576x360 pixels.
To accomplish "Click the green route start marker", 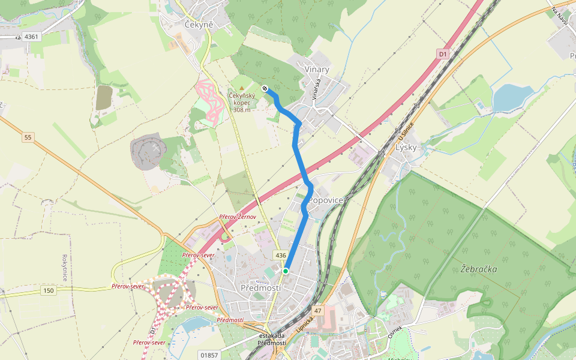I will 286,271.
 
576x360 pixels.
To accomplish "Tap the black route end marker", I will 265,89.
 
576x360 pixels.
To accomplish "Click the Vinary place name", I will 317,70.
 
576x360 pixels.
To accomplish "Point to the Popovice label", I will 326,200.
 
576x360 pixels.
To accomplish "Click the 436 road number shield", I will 280,256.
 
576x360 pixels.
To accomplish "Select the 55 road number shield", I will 28,138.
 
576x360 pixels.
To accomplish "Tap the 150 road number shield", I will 49,291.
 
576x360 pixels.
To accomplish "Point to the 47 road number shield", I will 318,311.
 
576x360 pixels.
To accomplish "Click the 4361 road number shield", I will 32,37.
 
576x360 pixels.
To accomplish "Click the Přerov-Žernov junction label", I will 238,217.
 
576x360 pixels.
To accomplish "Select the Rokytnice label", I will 64,266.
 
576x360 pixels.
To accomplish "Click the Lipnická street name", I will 305,324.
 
